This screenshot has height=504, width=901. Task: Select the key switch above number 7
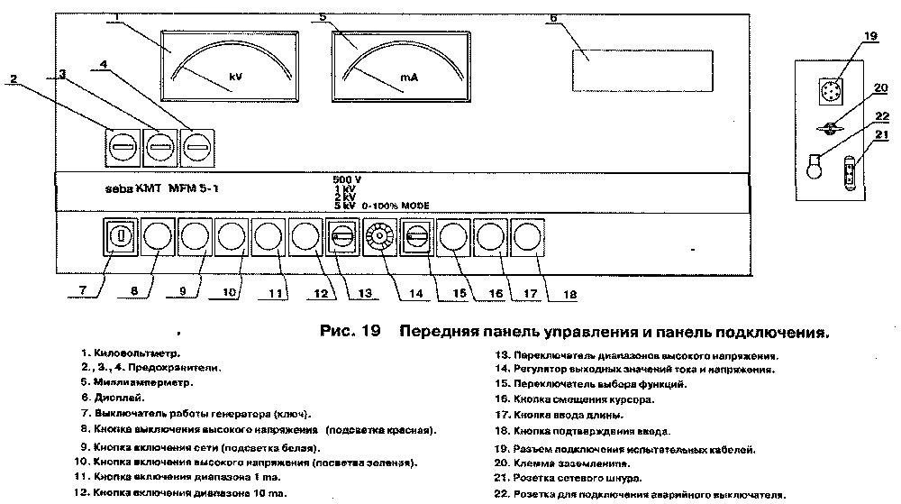[x=120, y=238]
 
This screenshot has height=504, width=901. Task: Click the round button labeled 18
[x=529, y=238]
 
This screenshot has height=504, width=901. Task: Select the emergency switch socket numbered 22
[x=815, y=169]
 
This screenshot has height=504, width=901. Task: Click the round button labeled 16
[x=455, y=238]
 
